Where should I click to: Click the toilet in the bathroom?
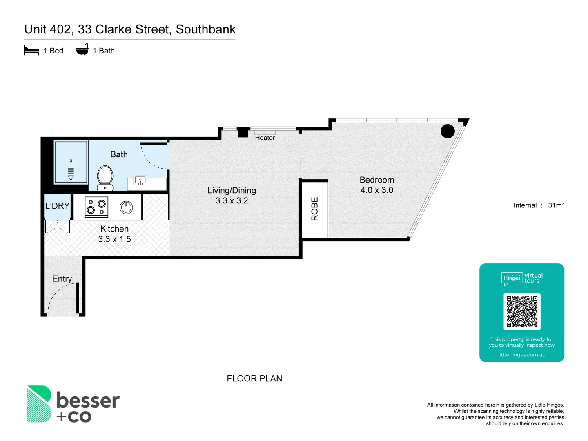[105, 177]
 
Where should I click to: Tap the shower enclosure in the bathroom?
[71, 162]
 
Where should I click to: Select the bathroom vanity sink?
[140, 180]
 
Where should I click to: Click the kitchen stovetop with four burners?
[96, 207]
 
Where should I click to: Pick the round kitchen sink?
[126, 207]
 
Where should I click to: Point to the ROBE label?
[314, 209]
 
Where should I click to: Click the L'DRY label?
[57, 206]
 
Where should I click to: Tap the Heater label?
[265, 138]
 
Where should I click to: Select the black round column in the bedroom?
[448, 131]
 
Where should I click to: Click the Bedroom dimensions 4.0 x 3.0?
[376, 190]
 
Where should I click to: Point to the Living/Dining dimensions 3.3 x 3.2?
[232, 201]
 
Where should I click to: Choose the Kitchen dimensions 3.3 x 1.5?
[114, 239]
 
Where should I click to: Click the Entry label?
[62, 279]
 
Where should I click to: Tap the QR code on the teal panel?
[522, 312]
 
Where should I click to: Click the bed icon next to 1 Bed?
[31, 51]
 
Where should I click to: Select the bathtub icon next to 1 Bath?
[82, 50]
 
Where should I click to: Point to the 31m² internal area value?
[556, 205]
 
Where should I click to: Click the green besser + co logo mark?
[39, 404]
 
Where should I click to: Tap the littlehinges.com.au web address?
[521, 355]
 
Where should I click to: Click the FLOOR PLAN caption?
[254, 379]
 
